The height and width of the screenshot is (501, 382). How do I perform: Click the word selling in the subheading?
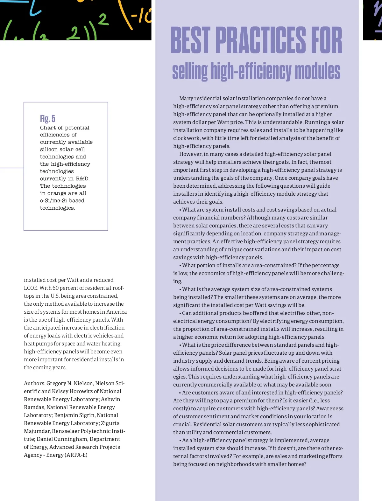(190, 71)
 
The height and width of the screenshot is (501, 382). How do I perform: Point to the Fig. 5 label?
(47, 118)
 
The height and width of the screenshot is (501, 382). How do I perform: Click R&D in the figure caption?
(82, 178)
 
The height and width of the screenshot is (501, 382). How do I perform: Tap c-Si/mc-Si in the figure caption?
(54, 200)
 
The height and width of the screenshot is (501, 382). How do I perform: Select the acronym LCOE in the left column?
(31, 288)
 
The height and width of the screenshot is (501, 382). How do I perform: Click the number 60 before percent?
(56, 288)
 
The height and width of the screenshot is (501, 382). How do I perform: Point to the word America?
(116, 312)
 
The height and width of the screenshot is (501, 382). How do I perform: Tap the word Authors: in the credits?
(34, 383)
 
